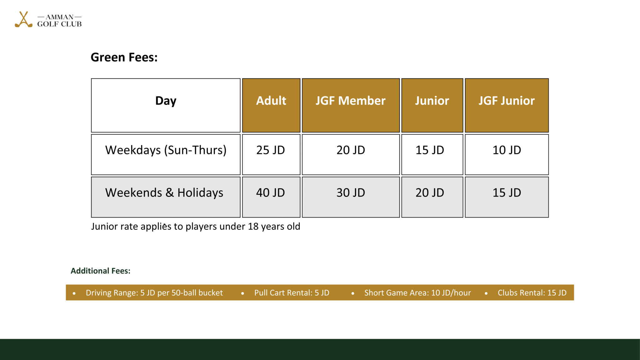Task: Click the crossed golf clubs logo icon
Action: click(x=23, y=20)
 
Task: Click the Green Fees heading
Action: click(x=124, y=57)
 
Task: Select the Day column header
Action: click(x=166, y=101)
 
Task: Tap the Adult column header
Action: click(x=271, y=101)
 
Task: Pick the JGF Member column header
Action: click(x=350, y=101)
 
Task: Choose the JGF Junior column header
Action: click(x=507, y=101)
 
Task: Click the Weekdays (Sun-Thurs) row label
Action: click(x=166, y=150)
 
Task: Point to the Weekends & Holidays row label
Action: click(x=164, y=193)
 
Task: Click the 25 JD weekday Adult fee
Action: click(x=271, y=150)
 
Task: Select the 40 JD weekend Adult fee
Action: click(x=271, y=193)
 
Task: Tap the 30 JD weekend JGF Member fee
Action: click(x=351, y=193)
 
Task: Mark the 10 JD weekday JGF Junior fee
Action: click(x=507, y=150)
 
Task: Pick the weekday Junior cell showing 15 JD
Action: click(x=430, y=150)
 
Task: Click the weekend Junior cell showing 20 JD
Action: click(x=430, y=193)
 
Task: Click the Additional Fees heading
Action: click(x=100, y=271)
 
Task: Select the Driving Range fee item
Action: click(x=154, y=293)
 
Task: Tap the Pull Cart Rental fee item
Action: click(x=292, y=293)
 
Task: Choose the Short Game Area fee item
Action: click(x=417, y=293)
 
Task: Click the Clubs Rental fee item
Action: click(x=532, y=293)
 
